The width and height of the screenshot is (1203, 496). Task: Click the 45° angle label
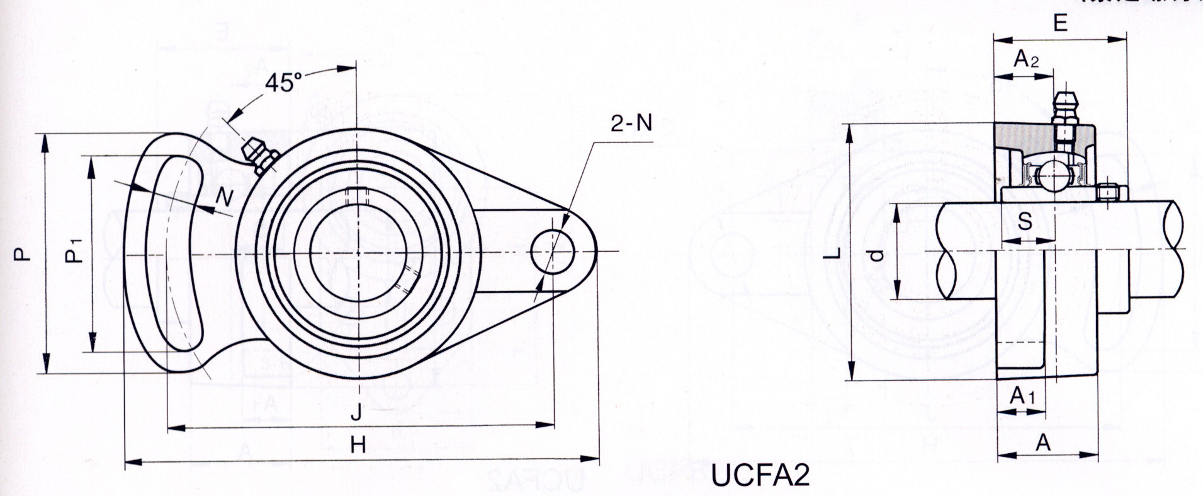tap(283, 84)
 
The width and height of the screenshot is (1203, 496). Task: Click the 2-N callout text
tap(631, 124)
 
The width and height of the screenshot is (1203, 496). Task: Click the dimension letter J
tap(356, 413)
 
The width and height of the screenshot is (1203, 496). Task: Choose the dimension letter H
tap(358, 446)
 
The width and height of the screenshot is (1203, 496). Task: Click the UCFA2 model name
tap(760, 476)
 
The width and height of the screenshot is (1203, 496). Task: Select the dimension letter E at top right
tap(1059, 23)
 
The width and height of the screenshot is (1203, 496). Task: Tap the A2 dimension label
tap(1026, 59)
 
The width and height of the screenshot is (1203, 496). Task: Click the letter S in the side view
tap(1025, 221)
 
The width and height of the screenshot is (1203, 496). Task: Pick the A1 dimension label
tap(1022, 396)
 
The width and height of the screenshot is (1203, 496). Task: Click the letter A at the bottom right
tap(1044, 442)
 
